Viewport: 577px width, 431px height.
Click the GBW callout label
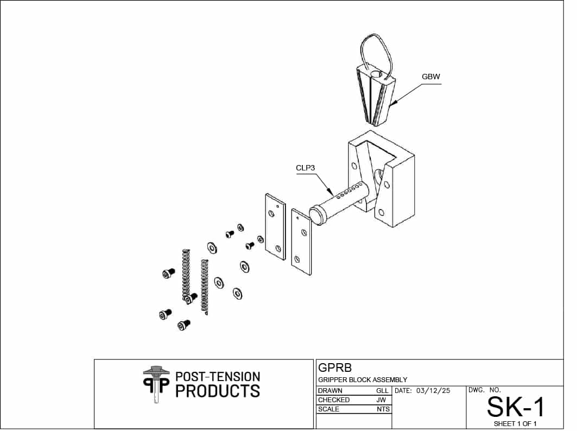(430, 77)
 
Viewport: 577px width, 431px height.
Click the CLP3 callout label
(306, 168)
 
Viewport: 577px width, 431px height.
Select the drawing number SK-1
(515, 407)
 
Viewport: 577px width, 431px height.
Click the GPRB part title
(335, 367)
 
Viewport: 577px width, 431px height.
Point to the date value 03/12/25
(433, 390)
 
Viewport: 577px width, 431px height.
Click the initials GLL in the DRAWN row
(382, 390)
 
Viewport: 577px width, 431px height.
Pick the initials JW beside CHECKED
(381, 400)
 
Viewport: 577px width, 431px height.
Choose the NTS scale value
(383, 409)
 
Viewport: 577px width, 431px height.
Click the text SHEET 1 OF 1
(515, 423)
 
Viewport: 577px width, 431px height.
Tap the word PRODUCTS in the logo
(218, 391)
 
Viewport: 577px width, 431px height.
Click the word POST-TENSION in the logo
(218, 377)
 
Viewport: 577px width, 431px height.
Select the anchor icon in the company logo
(156, 384)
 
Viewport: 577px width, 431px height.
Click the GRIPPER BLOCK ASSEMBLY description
(363, 379)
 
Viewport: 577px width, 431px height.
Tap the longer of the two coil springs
(186, 275)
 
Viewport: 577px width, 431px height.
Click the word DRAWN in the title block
(330, 390)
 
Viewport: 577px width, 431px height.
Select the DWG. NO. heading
(484, 390)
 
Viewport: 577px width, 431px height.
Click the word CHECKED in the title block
(334, 400)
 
